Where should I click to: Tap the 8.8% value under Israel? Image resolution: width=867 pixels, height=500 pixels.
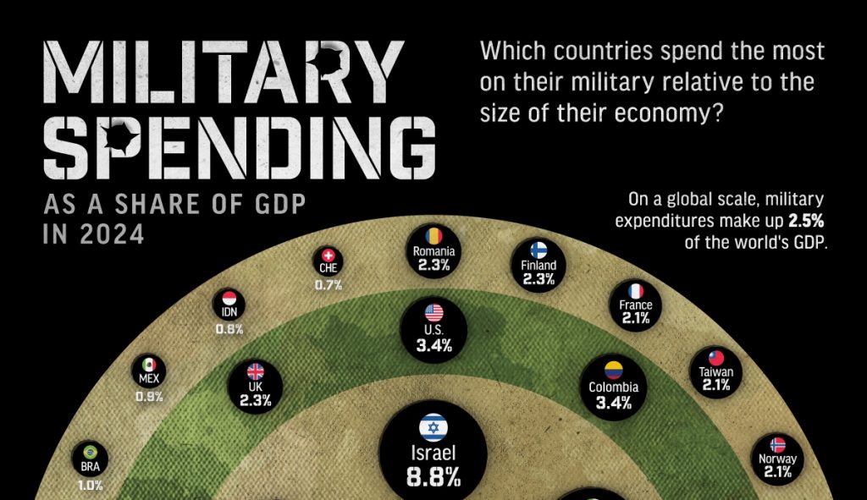point(433,476)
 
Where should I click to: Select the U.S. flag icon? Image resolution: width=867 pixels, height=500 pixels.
point(433,312)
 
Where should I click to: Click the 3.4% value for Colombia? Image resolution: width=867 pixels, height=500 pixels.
point(614,404)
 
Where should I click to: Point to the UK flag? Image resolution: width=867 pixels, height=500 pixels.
point(255,371)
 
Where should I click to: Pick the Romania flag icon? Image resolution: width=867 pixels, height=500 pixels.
point(434,235)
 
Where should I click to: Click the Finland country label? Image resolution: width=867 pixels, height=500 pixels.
point(538,265)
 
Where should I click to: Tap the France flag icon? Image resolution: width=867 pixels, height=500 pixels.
point(636,290)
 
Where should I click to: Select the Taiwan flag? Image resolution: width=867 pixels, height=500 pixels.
point(716,356)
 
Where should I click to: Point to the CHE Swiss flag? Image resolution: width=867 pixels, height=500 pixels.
point(329,255)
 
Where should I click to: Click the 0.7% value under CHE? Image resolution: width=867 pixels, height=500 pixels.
point(329,285)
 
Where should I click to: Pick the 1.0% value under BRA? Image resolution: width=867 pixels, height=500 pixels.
point(90,486)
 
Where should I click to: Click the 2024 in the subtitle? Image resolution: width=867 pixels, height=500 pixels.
point(114,233)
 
